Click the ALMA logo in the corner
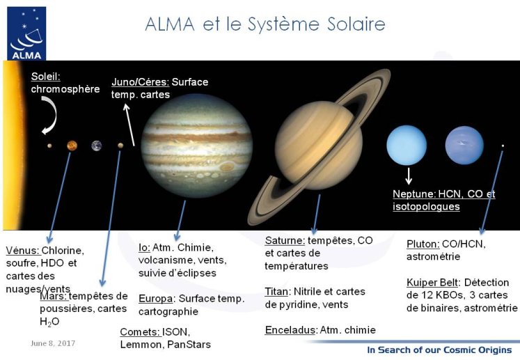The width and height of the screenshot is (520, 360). (x=26, y=33)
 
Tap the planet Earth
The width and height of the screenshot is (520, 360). (x=97, y=146)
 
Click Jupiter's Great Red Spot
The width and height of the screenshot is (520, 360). (x=227, y=166)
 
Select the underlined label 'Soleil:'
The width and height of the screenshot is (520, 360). (x=46, y=77)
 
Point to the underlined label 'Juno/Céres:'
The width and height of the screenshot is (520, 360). (x=140, y=82)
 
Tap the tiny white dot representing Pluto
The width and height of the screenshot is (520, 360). (x=503, y=146)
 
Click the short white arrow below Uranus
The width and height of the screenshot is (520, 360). (x=409, y=176)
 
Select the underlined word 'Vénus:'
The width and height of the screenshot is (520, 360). (x=23, y=251)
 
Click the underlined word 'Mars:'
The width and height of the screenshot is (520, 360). (x=54, y=296)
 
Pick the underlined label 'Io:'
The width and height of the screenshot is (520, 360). (x=144, y=247)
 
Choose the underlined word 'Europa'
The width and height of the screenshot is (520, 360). (x=155, y=299)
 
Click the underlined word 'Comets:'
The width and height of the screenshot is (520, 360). (x=141, y=331)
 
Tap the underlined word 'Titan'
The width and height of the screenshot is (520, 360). (x=276, y=292)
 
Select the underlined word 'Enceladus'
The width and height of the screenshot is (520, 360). (x=290, y=330)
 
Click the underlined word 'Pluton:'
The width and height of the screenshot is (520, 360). (x=423, y=244)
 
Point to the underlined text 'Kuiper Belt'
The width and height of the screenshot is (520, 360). (x=432, y=283)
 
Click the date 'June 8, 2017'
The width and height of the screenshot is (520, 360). (x=53, y=343)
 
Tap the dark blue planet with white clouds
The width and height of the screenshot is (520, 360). (x=464, y=145)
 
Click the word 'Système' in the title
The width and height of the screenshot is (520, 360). (x=283, y=24)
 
